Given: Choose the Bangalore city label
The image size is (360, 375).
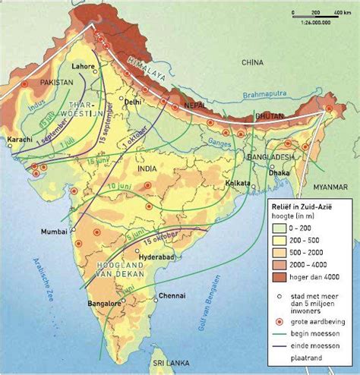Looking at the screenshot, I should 103,303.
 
